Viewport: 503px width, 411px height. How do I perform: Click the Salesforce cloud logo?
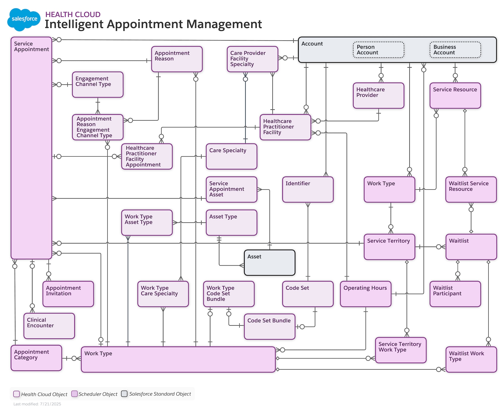[x=24, y=19]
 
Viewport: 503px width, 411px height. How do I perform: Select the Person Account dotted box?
[x=379, y=50]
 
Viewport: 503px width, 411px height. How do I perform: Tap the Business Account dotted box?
[x=455, y=50]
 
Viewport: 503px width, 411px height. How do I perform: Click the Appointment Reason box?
[x=177, y=59]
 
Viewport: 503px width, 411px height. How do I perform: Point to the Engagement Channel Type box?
[x=98, y=85]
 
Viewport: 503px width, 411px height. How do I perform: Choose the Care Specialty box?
[x=231, y=156]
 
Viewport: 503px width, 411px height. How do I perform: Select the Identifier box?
[x=308, y=189]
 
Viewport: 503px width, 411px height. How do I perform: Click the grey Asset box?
[x=270, y=263]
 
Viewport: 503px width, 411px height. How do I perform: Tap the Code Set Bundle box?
[x=270, y=327]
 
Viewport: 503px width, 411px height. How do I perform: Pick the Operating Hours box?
[x=366, y=294]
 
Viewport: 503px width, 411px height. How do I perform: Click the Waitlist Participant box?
[x=455, y=294]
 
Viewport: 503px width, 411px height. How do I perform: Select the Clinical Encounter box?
[x=49, y=326]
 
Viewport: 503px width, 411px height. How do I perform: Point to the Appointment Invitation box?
[x=68, y=294]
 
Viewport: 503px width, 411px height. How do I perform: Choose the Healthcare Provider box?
[x=379, y=95]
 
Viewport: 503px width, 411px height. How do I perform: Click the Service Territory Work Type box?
[x=401, y=350]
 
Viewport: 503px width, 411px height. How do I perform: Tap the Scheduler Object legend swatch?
[x=74, y=394]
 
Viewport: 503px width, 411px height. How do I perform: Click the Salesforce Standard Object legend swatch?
[x=124, y=394]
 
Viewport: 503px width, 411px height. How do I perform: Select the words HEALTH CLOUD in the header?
[x=73, y=14]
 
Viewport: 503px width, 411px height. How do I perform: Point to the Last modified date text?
[x=37, y=404]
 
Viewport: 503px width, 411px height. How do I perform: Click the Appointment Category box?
[x=36, y=358]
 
